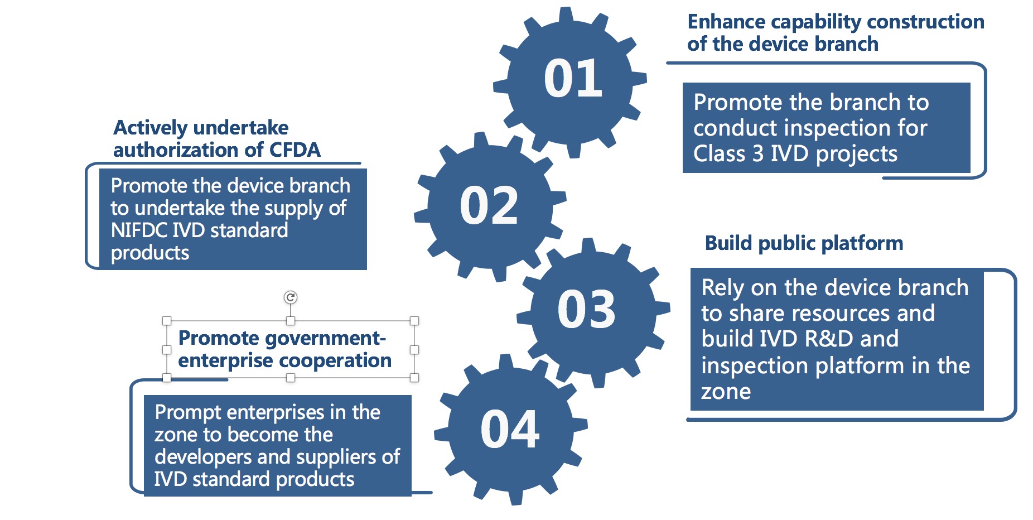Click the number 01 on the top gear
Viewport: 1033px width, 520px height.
[x=573, y=79]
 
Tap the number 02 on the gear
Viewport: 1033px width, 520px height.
[x=489, y=206]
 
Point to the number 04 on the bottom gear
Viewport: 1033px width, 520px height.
[x=510, y=429]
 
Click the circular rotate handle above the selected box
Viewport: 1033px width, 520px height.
[x=290, y=297]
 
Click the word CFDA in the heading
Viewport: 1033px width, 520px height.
[x=295, y=150]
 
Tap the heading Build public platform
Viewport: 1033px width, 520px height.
[x=804, y=243]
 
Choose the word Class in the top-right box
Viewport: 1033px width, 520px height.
[x=720, y=153]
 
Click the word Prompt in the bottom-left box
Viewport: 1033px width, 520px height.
[x=188, y=413]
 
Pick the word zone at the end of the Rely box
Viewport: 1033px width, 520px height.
[x=726, y=392]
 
